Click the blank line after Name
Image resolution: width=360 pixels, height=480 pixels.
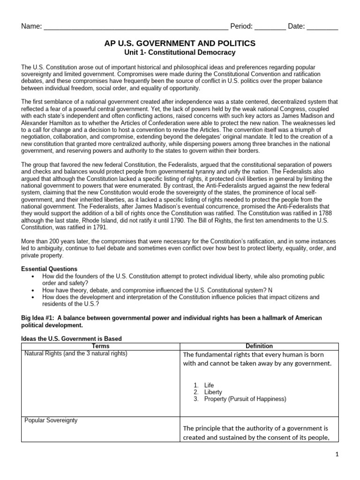(135, 27)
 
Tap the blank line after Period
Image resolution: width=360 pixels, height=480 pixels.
(270, 27)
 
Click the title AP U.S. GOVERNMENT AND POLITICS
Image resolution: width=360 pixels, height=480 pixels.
(180, 43)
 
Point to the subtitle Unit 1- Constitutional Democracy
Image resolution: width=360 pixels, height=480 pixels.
(180, 52)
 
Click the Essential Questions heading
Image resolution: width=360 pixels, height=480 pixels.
(50, 269)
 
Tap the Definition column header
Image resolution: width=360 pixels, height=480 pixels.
(259, 346)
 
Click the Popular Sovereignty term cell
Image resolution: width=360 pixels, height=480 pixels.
(51, 420)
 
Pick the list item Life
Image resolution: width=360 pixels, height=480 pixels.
(209, 385)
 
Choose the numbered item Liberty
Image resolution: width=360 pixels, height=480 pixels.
(213, 392)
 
